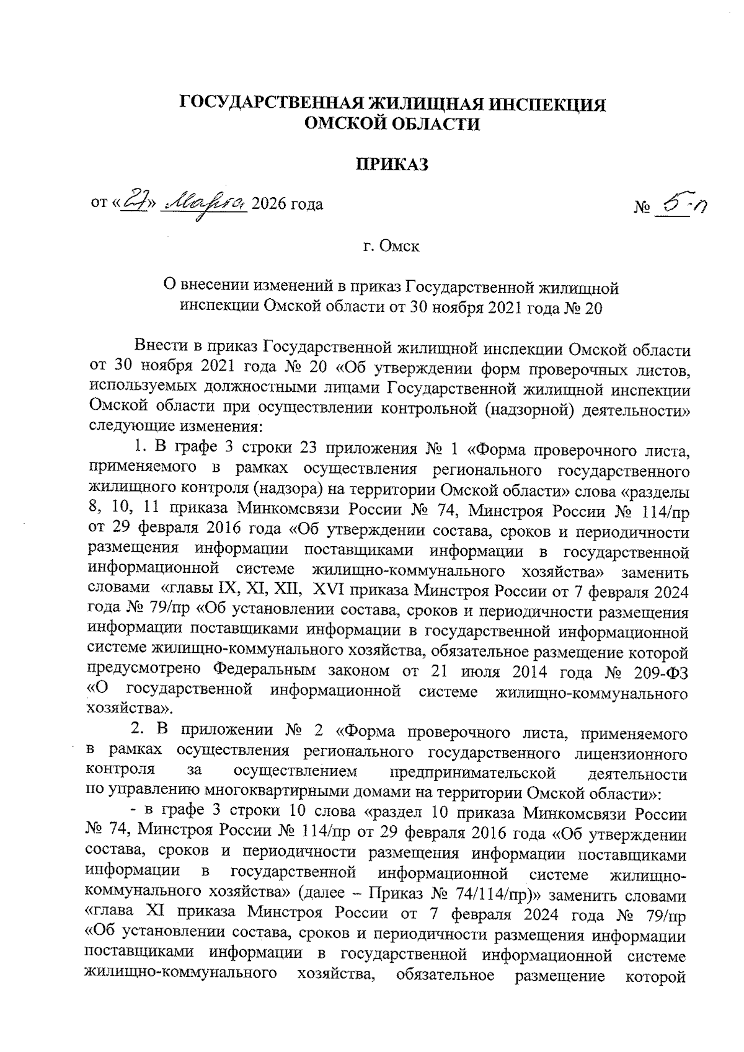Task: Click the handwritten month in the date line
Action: click(203, 203)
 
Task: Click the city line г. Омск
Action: click(391, 246)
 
